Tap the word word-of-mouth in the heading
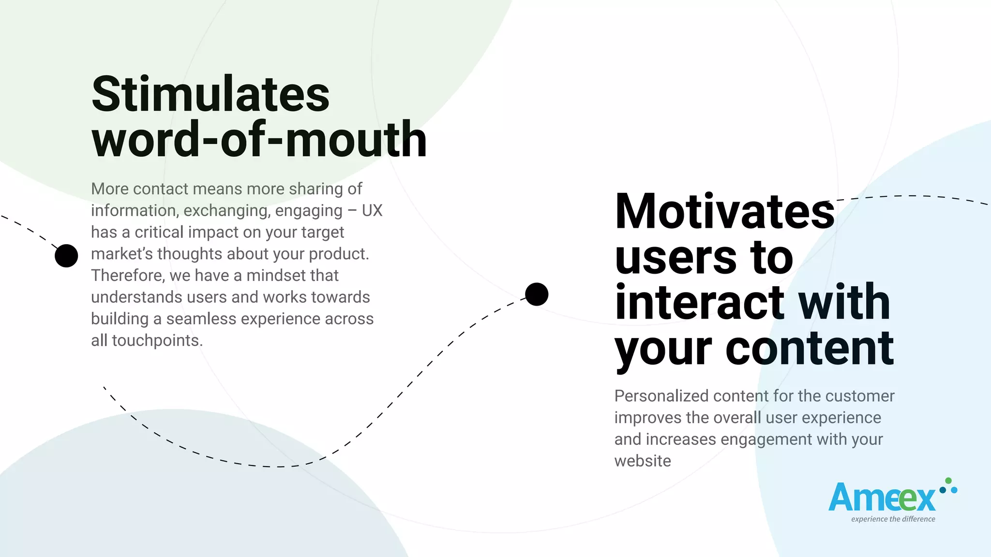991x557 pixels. (259, 140)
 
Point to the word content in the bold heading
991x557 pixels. (809, 348)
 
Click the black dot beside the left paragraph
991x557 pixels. (66, 256)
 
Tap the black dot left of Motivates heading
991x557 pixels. (537, 294)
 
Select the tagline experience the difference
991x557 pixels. (893, 519)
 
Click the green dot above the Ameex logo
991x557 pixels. (948, 481)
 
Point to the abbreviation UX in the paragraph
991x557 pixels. (372, 211)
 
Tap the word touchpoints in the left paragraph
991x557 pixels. (156, 341)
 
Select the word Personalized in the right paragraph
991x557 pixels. (661, 396)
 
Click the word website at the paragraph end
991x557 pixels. (643, 461)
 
